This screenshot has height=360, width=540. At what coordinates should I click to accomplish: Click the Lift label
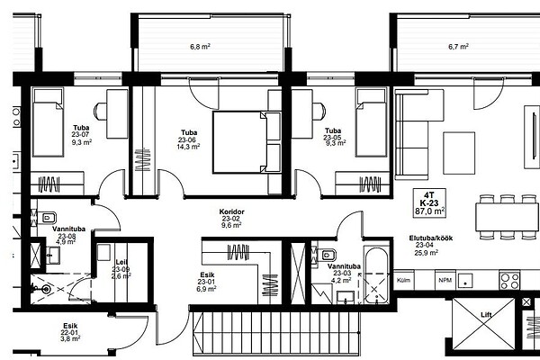[486, 314]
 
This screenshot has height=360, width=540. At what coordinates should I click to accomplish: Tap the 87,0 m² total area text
[430, 211]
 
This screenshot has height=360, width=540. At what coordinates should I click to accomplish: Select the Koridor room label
[232, 211]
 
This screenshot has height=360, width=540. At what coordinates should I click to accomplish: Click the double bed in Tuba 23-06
[247, 142]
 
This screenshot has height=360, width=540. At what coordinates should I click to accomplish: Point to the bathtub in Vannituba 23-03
[376, 274]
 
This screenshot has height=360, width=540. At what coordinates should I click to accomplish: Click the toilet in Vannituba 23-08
[47, 218]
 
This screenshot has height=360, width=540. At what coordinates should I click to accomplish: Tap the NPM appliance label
[445, 281]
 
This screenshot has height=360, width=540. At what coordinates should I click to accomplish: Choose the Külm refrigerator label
[403, 280]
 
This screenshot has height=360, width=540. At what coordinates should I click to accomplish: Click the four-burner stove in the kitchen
[509, 281]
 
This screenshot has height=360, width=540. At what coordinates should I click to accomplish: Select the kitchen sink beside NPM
[465, 281]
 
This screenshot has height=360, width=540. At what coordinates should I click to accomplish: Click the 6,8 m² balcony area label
[200, 46]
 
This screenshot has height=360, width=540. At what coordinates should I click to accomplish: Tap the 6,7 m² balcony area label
[458, 46]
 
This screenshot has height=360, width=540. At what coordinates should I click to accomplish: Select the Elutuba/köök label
[431, 238]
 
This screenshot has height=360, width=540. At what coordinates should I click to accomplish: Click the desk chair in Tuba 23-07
[101, 112]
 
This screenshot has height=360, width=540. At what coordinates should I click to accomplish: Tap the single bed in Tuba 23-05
[372, 122]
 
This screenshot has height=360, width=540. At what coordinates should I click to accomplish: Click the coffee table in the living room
[459, 153]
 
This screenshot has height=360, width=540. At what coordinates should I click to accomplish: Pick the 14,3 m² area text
[188, 147]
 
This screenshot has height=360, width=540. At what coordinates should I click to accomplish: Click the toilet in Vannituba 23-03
[323, 255]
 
